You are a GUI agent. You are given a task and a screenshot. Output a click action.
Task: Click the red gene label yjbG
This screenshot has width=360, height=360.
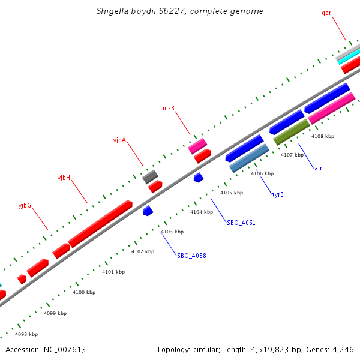(x=25, y=206)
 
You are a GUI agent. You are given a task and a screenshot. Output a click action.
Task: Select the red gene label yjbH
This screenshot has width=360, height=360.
(x=64, y=178)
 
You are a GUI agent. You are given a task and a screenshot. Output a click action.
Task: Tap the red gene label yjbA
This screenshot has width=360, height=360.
(x=119, y=140)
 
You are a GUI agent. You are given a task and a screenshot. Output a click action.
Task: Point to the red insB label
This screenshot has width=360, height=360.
(x=169, y=109)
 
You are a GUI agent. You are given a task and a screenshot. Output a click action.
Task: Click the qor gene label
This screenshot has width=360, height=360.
(x=326, y=13)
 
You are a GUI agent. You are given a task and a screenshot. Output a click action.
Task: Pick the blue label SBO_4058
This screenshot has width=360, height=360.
(x=191, y=256)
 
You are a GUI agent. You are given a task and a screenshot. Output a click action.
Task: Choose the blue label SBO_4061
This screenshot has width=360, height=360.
(x=241, y=223)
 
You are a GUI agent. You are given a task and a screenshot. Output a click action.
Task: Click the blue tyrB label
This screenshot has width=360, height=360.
(x=278, y=194)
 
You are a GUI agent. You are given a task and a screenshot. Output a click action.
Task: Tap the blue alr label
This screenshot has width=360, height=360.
(x=318, y=168)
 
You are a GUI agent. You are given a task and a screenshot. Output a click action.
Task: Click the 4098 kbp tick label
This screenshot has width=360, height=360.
(x=26, y=334)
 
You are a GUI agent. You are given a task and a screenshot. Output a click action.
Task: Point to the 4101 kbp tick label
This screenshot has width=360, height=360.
(x=113, y=272)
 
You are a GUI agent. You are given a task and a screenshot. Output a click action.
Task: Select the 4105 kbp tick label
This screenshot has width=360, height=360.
(x=232, y=193)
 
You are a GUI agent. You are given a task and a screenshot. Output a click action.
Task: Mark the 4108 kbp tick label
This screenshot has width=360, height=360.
(x=323, y=136)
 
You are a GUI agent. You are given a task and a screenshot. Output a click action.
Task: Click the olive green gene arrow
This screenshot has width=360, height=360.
(x=292, y=132)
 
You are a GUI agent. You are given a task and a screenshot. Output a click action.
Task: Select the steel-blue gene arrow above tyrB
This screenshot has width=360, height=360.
(x=250, y=158)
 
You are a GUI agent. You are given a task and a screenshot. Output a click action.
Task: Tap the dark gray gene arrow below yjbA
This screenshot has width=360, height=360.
(x=150, y=176)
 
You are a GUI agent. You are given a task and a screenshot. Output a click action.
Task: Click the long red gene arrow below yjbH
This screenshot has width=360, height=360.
(x=100, y=223)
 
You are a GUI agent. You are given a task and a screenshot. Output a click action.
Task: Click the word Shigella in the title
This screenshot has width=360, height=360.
(x=112, y=11)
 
